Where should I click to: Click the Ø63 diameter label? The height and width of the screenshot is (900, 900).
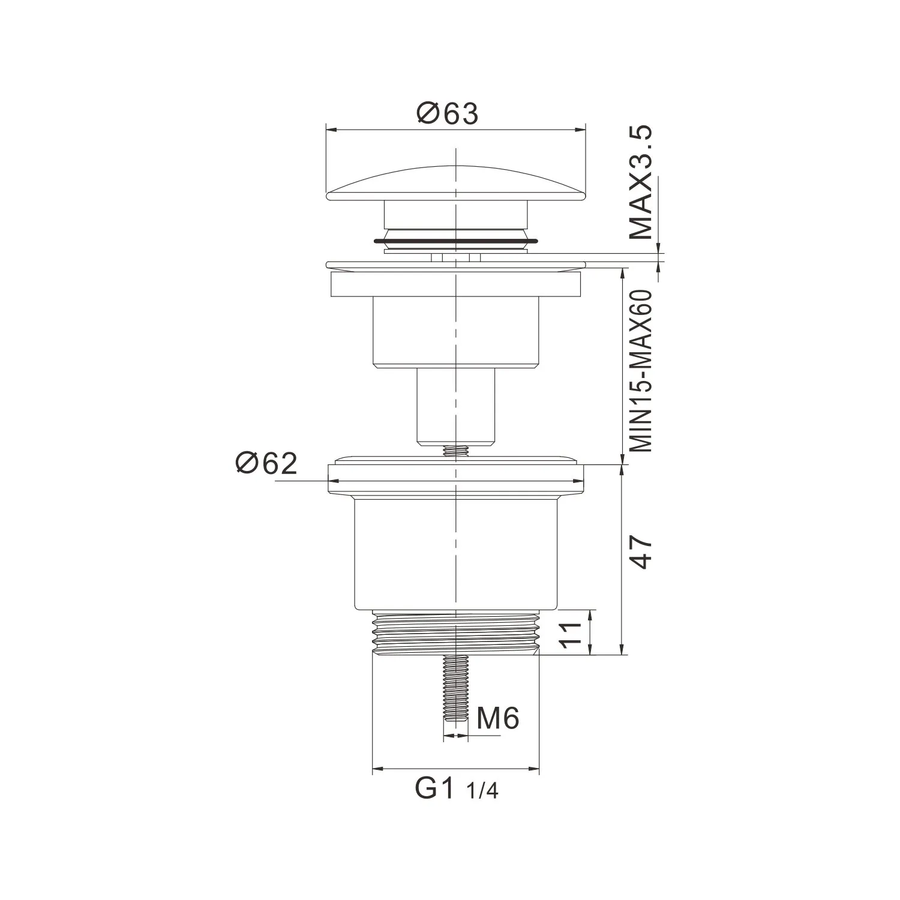tap(449, 113)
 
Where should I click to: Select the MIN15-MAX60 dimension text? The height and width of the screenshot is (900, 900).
tap(640, 370)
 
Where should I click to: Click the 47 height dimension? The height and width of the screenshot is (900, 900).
tap(640, 553)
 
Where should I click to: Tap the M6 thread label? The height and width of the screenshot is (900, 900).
tap(498, 718)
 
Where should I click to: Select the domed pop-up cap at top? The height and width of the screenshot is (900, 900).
tap(455, 182)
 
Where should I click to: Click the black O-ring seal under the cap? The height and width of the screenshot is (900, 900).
tap(455, 241)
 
